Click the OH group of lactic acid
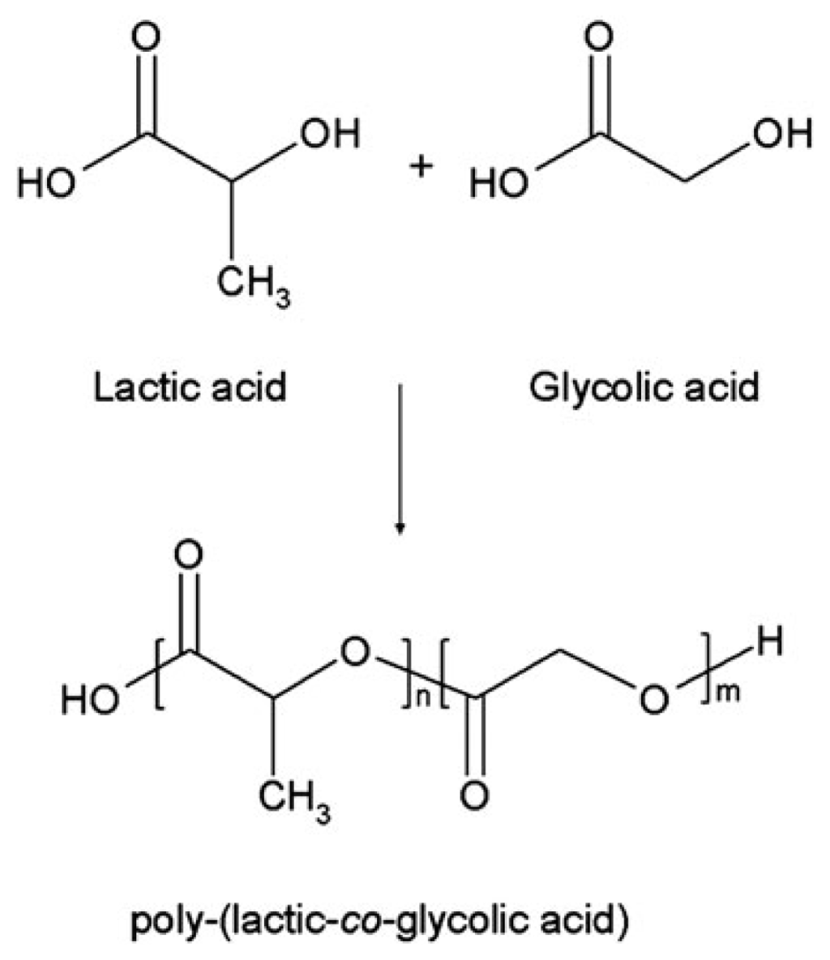[329, 134]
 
